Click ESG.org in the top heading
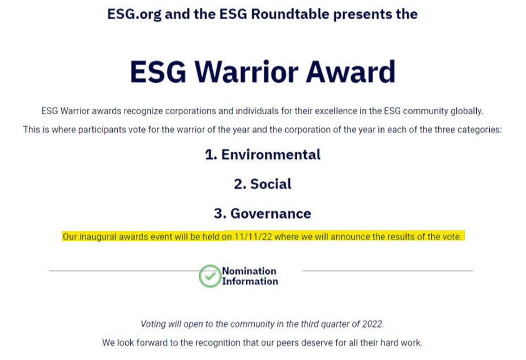[x=134, y=14]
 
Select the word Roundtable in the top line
[x=290, y=14]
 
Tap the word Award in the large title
[x=350, y=72]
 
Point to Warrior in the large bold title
[x=246, y=72]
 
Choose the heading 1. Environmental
[x=263, y=155]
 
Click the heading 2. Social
[x=263, y=184]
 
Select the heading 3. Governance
[x=263, y=213]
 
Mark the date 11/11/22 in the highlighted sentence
[x=253, y=237]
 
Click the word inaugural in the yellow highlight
[x=98, y=237]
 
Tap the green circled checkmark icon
[x=209, y=276]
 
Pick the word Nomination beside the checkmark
[x=249, y=271]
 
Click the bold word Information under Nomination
[x=250, y=281]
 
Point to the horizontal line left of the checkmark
[x=124, y=271]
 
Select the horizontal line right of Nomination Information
[x=388, y=271]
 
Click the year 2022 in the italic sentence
[x=373, y=324]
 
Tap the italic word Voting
[x=153, y=324]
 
